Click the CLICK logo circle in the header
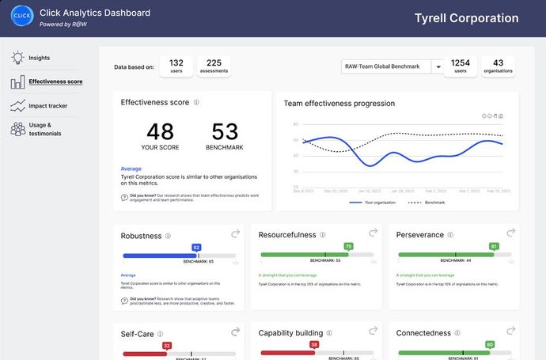(x=21, y=18)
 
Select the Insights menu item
(x=39, y=58)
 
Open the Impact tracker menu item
(x=47, y=105)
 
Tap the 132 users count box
(x=176, y=66)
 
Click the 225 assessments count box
(x=214, y=66)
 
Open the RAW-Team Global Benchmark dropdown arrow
(x=437, y=67)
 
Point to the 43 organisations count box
(x=498, y=66)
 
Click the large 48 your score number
(x=160, y=131)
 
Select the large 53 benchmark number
(x=225, y=131)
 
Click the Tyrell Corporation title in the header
(x=466, y=18)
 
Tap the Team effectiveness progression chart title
(x=339, y=104)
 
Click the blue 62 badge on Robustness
(x=196, y=248)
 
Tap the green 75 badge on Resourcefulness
(x=348, y=247)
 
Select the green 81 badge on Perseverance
(x=494, y=247)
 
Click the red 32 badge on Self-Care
(x=166, y=346)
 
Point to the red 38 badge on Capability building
(x=314, y=345)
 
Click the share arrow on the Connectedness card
(x=511, y=331)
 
